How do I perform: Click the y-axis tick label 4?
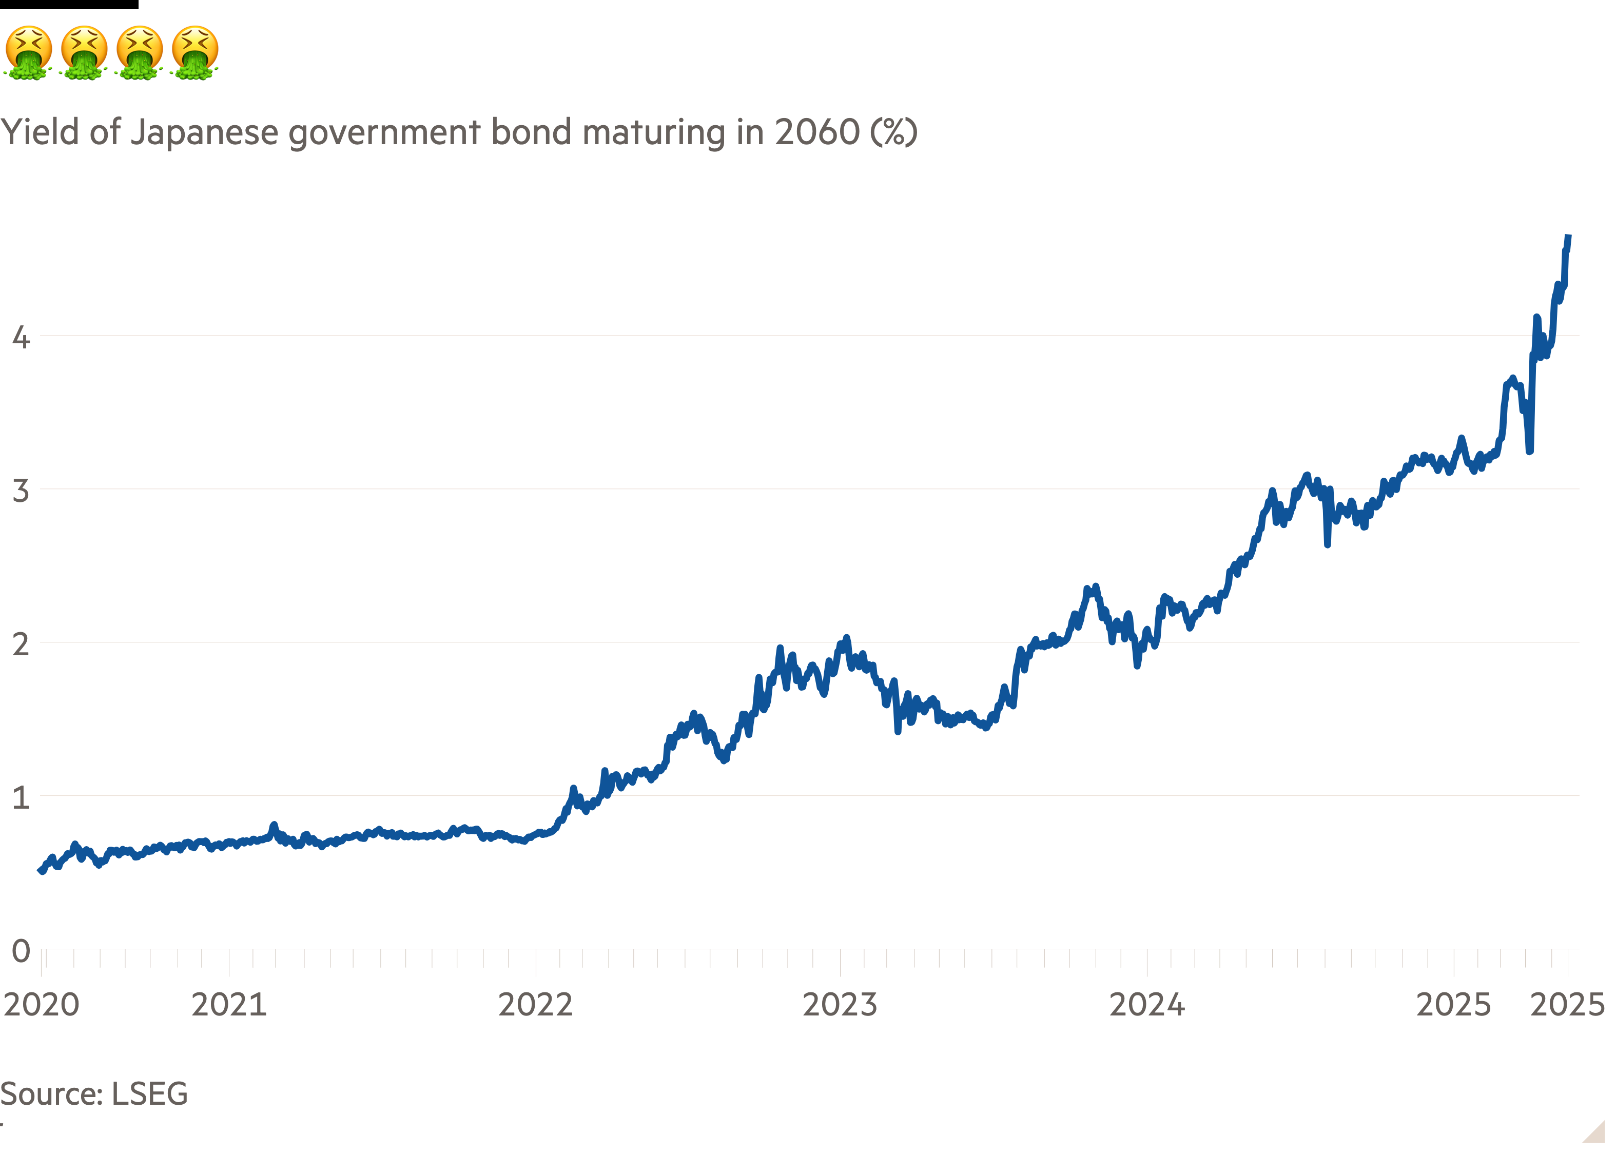coord(21,337)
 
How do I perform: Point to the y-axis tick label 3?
coord(21,491)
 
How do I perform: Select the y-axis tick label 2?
coord(21,644)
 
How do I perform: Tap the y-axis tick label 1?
coord(21,797)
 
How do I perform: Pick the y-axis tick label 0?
coord(21,951)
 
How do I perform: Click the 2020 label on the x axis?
coord(41,1005)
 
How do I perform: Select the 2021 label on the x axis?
coord(229,1005)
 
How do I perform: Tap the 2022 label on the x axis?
coord(535,1005)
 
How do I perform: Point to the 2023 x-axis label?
coord(840,1005)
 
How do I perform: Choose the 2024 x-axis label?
coord(1147,1005)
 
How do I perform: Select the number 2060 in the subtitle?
coord(817,132)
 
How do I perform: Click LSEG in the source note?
coord(150,1093)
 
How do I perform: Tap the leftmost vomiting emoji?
coord(28,52)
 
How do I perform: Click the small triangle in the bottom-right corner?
coord(1596,1132)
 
